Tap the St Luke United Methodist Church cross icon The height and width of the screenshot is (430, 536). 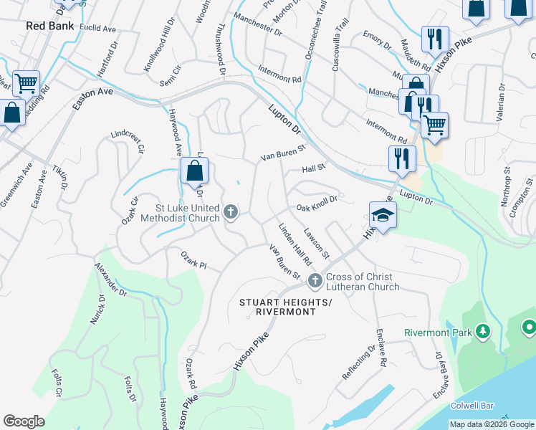tap(231, 211)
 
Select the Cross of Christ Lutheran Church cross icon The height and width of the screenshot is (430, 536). tap(313, 279)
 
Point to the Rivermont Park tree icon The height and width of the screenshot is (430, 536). tap(484, 331)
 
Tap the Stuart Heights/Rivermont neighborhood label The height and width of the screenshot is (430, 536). tap(287, 307)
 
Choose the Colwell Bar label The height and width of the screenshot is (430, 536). tap(472, 406)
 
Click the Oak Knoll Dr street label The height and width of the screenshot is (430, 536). tap(317, 208)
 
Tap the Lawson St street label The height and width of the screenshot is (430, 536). tap(315, 244)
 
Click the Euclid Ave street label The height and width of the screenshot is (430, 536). tap(98, 29)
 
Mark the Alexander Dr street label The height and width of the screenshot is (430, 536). tap(110, 281)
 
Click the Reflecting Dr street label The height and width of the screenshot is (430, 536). tap(358, 363)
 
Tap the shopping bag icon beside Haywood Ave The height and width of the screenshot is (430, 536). tap(194, 171)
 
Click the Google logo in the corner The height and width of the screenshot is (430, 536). tap(24, 421)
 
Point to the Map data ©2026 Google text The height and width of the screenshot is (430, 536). tap(491, 424)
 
